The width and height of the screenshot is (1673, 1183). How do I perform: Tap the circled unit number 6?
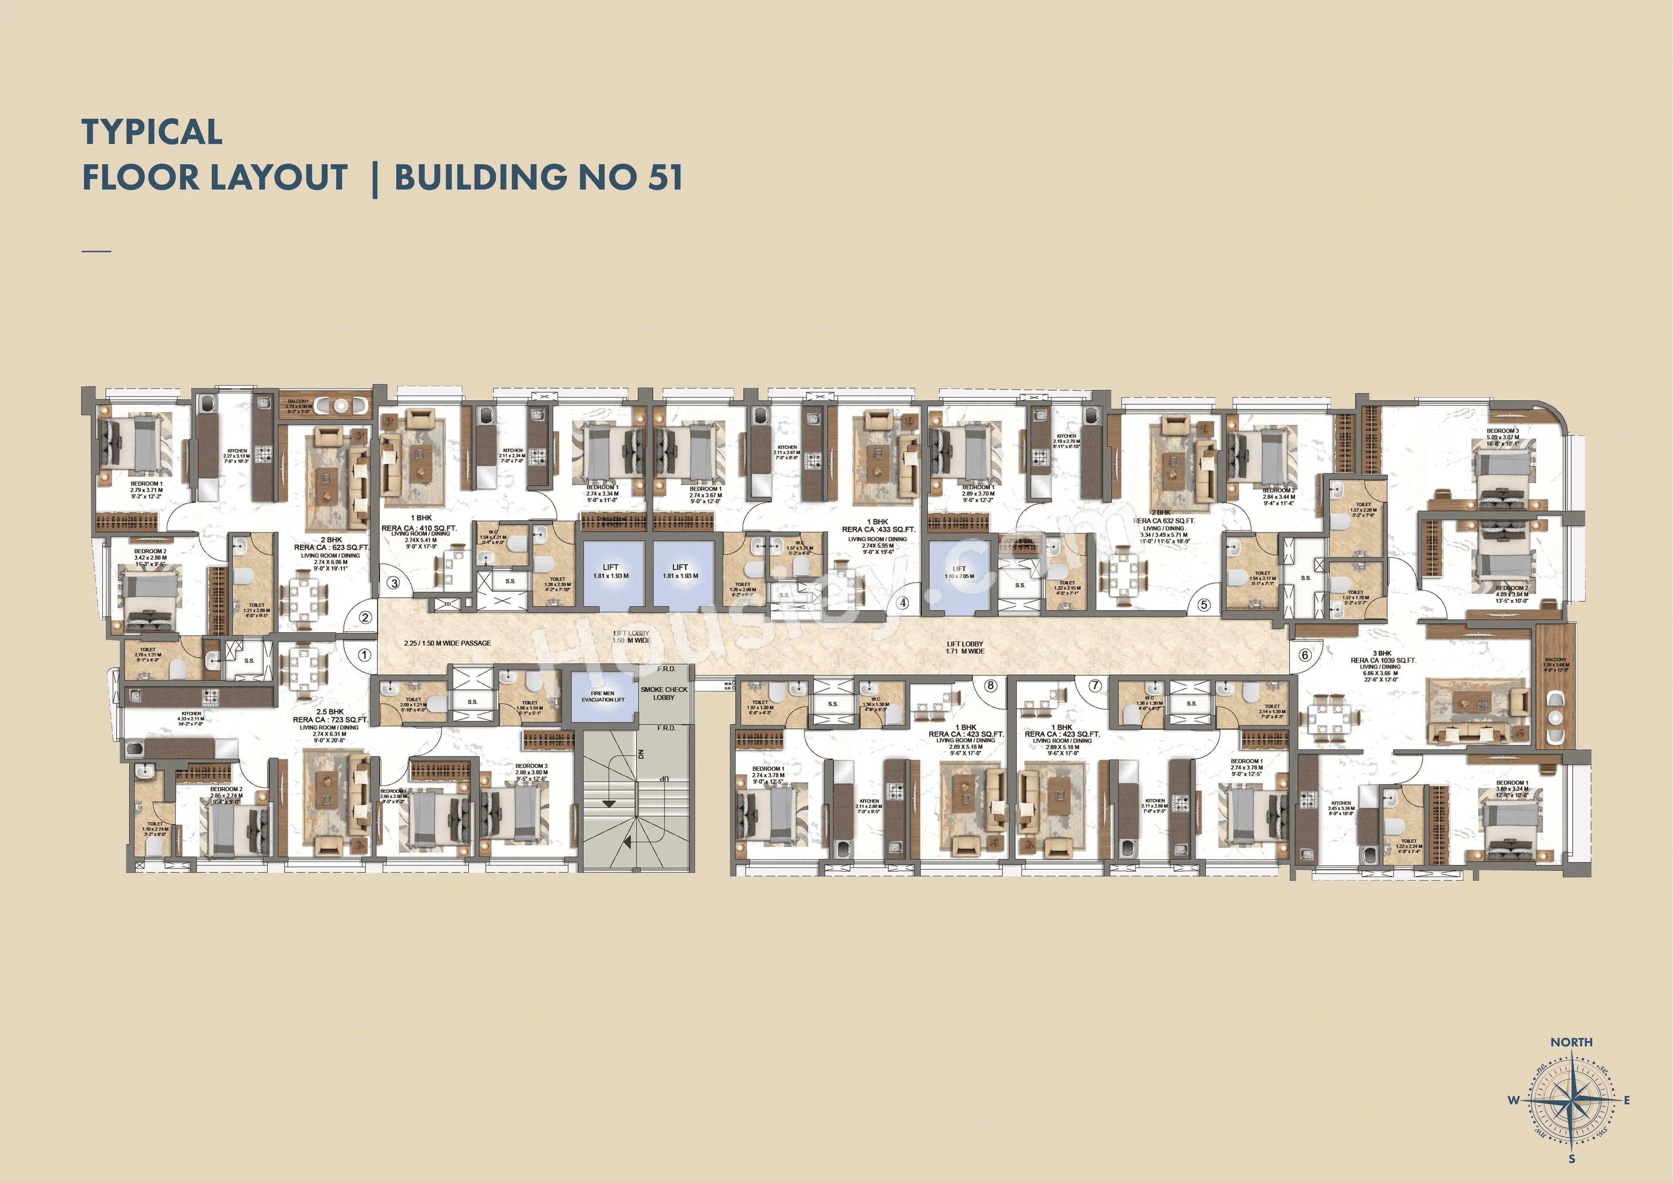click(x=1305, y=654)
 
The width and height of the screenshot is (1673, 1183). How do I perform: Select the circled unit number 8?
click(x=990, y=685)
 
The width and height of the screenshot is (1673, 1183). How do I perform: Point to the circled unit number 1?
click(x=364, y=654)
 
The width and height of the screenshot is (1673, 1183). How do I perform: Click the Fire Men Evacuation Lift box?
click(x=603, y=697)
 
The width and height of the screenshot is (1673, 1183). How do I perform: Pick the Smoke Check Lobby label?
click(x=664, y=693)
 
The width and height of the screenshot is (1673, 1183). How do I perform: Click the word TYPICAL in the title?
click(x=152, y=132)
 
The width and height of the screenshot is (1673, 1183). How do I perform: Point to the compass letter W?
click(x=1514, y=1100)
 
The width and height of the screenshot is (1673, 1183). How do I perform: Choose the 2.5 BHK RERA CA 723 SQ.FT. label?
click(x=331, y=716)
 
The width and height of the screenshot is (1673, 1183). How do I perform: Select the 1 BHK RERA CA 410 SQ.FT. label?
click(x=420, y=523)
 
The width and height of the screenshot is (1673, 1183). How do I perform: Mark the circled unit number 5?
click(x=1204, y=604)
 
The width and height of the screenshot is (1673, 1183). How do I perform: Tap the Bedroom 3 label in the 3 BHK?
click(x=1503, y=431)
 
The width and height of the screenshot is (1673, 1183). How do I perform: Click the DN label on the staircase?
click(x=641, y=754)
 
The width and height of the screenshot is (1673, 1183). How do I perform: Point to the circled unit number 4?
click(x=903, y=603)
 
